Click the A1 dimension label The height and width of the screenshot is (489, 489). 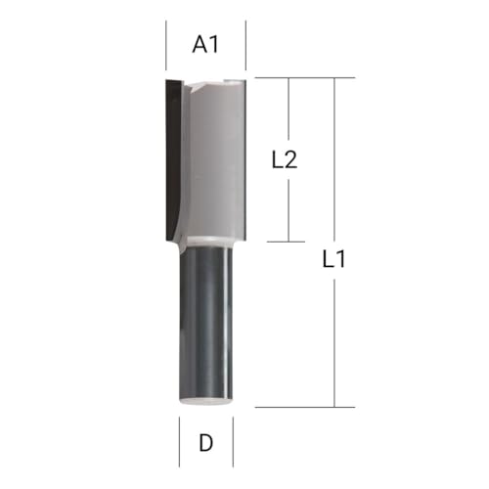pyautogui.click(x=204, y=44)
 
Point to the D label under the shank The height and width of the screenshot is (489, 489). pyautogui.click(x=205, y=442)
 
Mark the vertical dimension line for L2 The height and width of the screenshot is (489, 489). pyautogui.click(x=291, y=117)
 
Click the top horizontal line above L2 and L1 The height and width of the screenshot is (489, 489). pyautogui.click(x=303, y=78)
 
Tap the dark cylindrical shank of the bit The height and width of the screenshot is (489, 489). pyautogui.click(x=205, y=323)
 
